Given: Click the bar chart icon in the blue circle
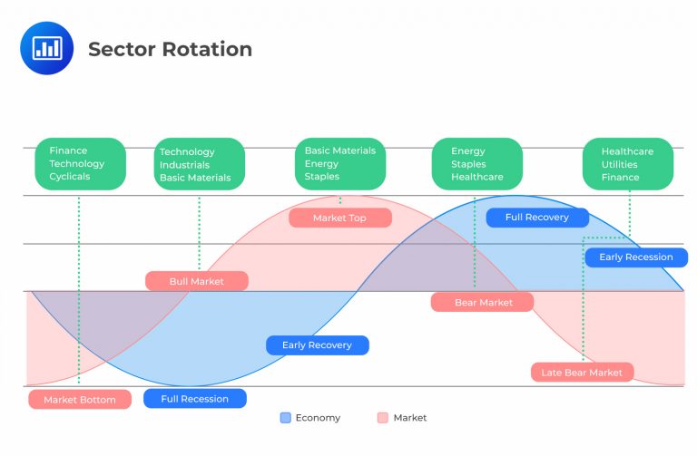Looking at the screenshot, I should tap(46, 48).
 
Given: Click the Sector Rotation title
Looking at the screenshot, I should tap(170, 49).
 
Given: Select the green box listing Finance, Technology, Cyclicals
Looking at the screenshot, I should tap(80, 164).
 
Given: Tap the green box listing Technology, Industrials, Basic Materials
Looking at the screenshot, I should tap(199, 165).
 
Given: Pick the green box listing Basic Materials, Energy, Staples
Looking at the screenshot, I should tap(339, 164).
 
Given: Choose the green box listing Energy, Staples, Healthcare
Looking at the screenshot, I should tap(476, 164).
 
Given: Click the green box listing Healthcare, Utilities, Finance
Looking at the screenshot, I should tap(628, 164).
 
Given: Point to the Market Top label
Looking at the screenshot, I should tap(340, 218).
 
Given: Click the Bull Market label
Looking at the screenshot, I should tap(197, 281).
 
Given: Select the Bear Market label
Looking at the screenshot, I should tap(483, 302).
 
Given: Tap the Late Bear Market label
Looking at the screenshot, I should tap(582, 373).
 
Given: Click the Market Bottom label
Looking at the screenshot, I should tap(80, 399).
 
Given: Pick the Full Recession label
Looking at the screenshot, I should tap(194, 399).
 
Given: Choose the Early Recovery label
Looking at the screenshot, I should tap(317, 345).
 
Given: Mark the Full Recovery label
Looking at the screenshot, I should tap(537, 218).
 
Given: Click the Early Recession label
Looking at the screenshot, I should tap(636, 257).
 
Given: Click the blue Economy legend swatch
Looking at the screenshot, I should tap(286, 418).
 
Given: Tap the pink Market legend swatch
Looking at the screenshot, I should tap(382, 418).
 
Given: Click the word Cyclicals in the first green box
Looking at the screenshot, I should tap(70, 177).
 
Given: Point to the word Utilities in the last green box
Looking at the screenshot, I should tap(620, 164).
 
